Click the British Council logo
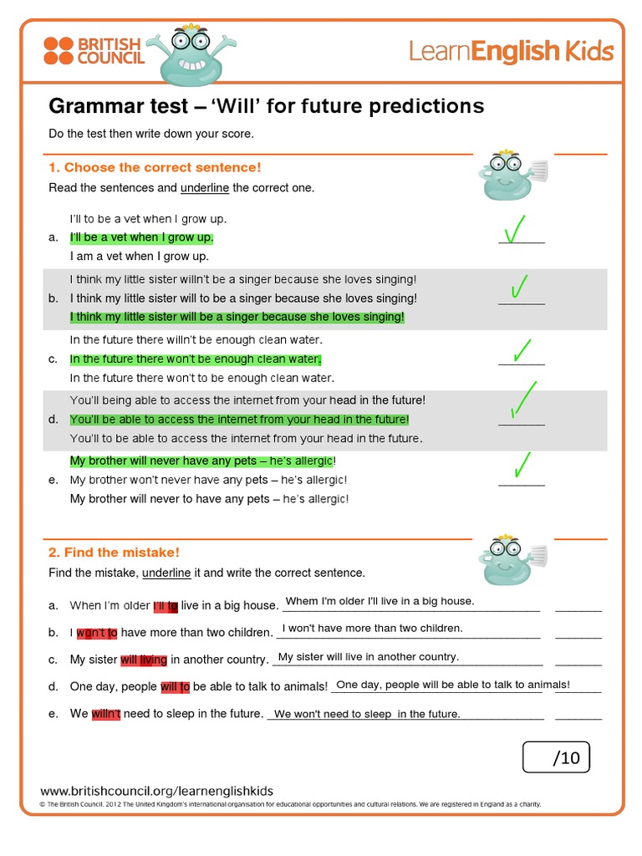pyautogui.click(x=94, y=51)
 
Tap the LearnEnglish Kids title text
pyautogui.click(x=511, y=52)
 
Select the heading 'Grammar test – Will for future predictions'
pyautogui.click(x=267, y=106)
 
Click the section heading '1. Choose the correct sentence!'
pyautogui.click(x=155, y=167)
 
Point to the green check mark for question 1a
pyautogui.click(x=516, y=229)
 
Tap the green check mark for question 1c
pyautogui.click(x=523, y=351)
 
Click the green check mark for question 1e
pyautogui.click(x=522, y=465)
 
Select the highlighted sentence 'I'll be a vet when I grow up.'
pyautogui.click(x=141, y=237)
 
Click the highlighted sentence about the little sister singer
pyautogui.click(x=237, y=317)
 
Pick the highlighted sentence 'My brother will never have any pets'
pyautogui.click(x=201, y=461)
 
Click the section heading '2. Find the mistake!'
pyautogui.click(x=115, y=552)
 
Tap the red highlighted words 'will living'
pyautogui.click(x=144, y=660)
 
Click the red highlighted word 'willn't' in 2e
pyautogui.click(x=106, y=714)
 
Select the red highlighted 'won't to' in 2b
pyautogui.click(x=97, y=633)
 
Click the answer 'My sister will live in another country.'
pyautogui.click(x=368, y=657)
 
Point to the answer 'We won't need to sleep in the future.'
pyautogui.click(x=367, y=714)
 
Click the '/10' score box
pyautogui.click(x=556, y=757)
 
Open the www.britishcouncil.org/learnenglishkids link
pyautogui.click(x=157, y=791)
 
